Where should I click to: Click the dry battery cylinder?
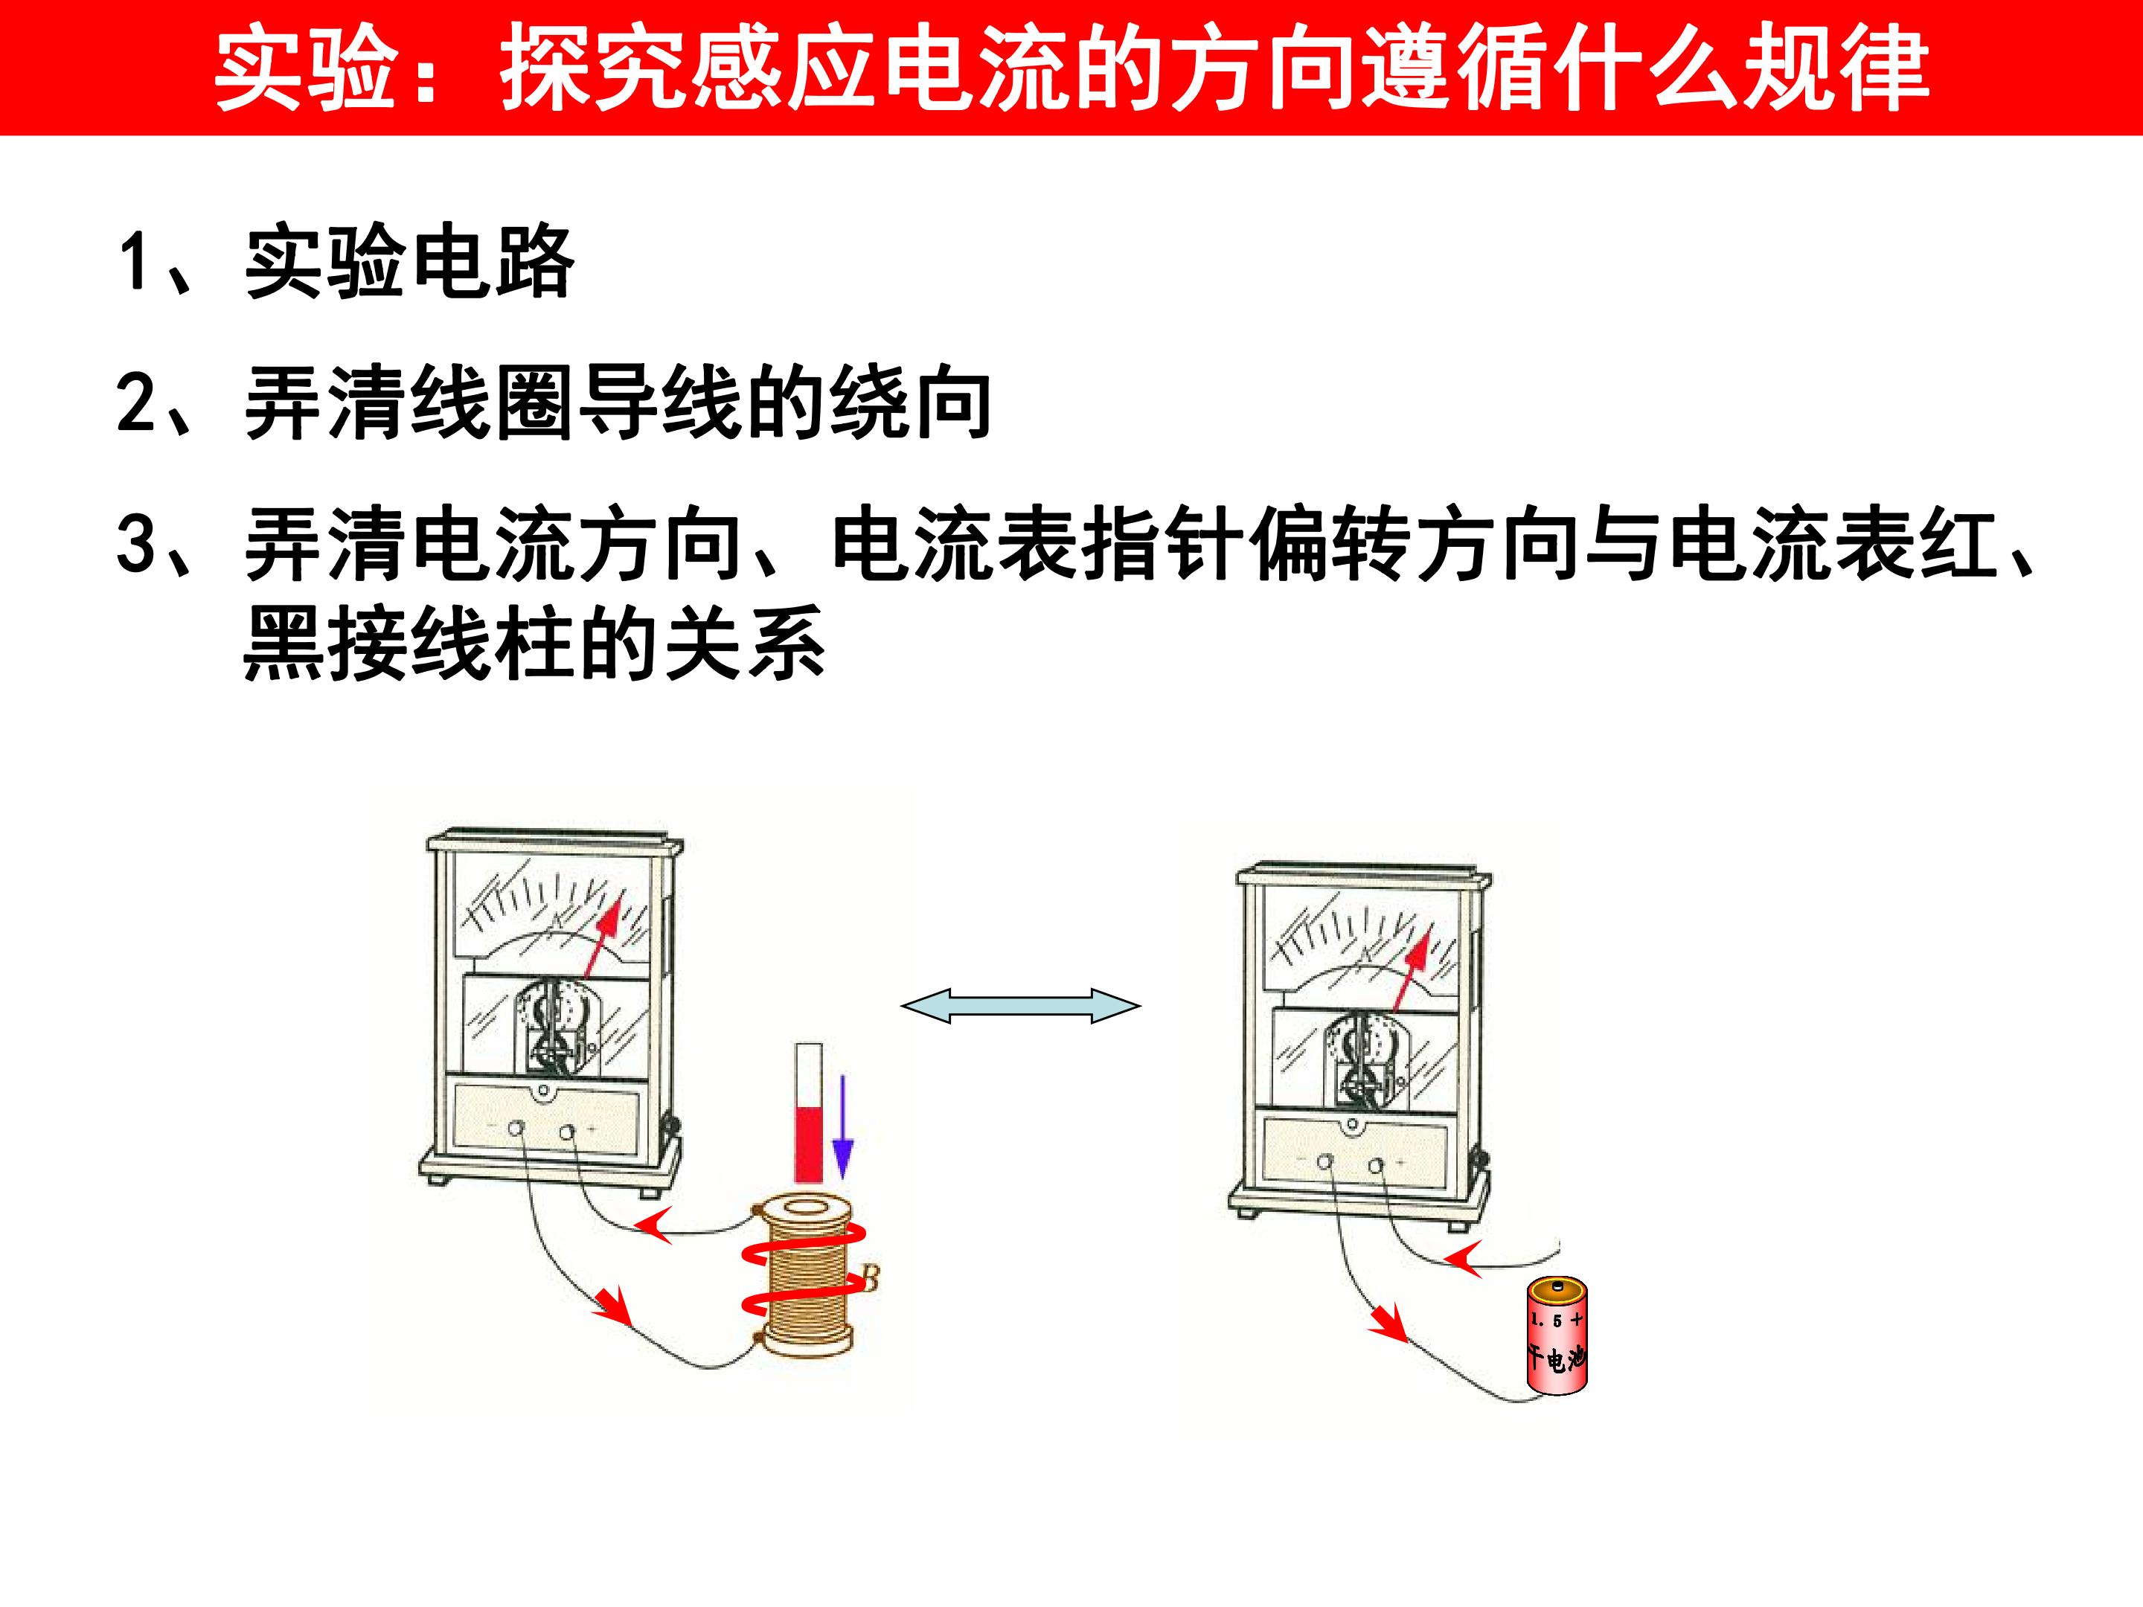pyautogui.click(x=1557, y=1335)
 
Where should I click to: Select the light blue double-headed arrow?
pyautogui.click(x=1021, y=1005)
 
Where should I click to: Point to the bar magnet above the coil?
pyautogui.click(x=809, y=1113)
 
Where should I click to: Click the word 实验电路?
pyautogui.click(x=410, y=262)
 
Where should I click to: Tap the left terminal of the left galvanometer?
pyautogui.click(x=517, y=1129)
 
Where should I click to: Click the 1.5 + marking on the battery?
pyautogui.click(x=1556, y=1319)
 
